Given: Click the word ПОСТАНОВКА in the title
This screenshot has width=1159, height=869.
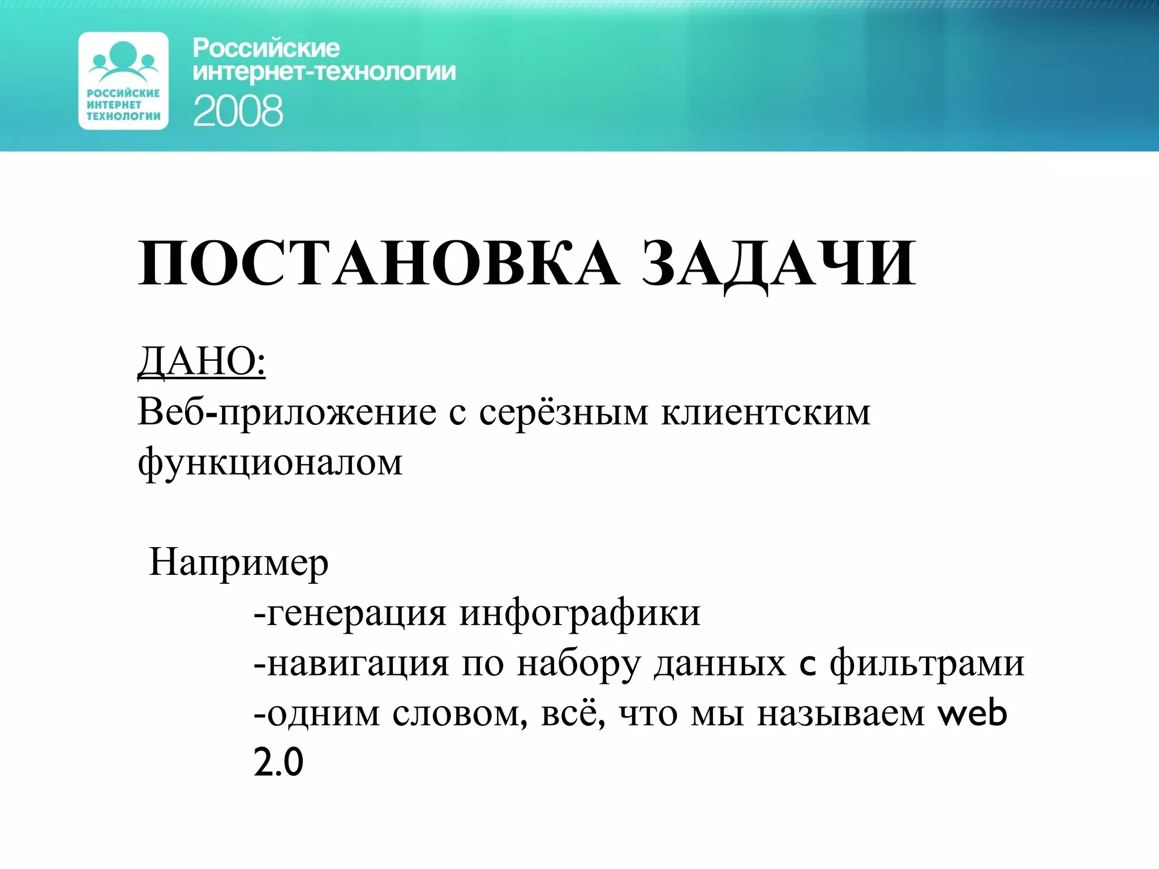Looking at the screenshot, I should coord(378,264).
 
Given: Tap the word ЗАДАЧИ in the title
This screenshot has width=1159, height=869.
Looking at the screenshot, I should coord(778,264).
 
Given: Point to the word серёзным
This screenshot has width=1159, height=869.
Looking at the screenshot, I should coord(563,412).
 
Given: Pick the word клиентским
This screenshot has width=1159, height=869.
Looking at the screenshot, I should coord(766,412).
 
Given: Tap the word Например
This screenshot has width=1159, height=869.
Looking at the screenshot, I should coord(238,563).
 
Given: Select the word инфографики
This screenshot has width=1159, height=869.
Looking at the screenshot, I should coord(579,613).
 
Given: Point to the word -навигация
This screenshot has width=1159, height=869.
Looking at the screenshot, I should coord(351,663).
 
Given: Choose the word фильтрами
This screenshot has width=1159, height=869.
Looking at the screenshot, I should coord(927,663).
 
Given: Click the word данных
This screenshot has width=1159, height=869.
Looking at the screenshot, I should coord(720,663).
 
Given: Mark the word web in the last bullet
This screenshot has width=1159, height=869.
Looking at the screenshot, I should coord(973,713).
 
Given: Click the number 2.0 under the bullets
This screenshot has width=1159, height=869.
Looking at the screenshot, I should coord(278,763).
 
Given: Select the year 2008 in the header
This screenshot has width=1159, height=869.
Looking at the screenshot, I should coord(238,111).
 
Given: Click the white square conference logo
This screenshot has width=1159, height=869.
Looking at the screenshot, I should coord(123,81).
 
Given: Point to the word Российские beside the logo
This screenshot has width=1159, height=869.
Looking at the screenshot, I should coord(266,49).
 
